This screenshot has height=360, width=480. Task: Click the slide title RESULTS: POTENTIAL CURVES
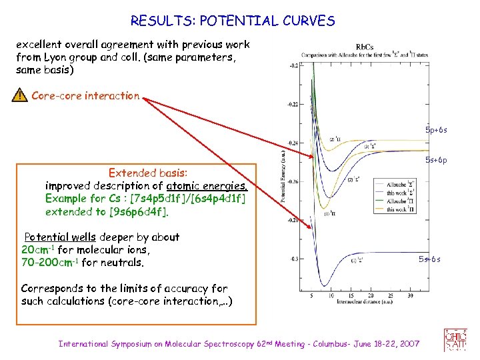point(233,21)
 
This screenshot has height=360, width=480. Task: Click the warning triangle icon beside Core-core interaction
point(20,96)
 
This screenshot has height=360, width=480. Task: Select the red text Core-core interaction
point(85,96)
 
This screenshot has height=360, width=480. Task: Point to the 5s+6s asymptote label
point(429,259)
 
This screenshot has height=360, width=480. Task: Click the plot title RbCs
point(365,47)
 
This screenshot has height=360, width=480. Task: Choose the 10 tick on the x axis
point(333,294)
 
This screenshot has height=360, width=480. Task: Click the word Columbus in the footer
point(333,344)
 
